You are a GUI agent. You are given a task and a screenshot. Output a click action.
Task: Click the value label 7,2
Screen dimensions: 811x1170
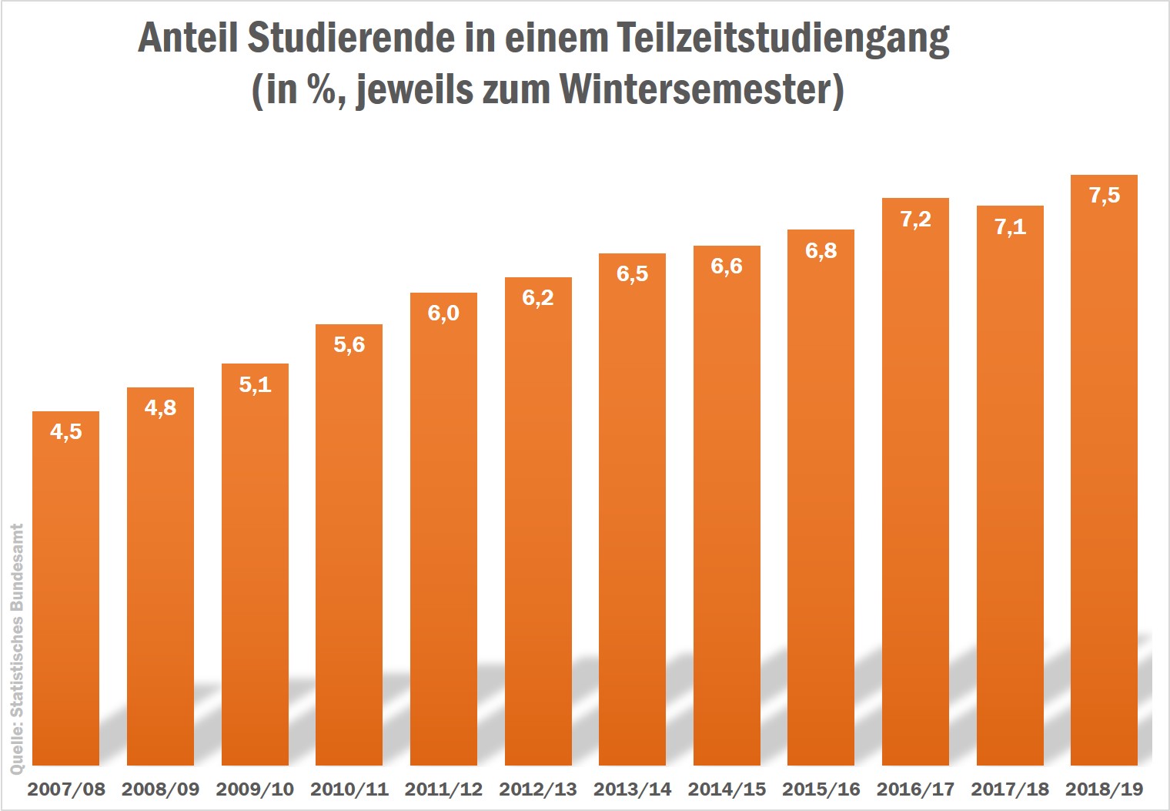tap(915, 220)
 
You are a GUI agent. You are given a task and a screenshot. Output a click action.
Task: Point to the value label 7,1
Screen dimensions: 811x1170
tap(1010, 227)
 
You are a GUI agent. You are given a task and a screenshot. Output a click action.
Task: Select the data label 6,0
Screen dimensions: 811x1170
tap(443, 313)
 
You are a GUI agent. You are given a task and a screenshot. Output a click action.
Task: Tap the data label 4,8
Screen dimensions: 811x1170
tap(160, 408)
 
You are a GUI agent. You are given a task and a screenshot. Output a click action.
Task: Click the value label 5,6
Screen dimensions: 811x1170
tap(349, 345)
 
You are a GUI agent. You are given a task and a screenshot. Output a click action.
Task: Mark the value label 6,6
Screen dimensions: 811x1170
tap(727, 266)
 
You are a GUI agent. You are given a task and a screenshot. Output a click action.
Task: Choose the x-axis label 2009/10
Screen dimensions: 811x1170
tap(255, 789)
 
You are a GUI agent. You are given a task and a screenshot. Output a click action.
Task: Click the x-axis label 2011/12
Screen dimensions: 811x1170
tap(443, 789)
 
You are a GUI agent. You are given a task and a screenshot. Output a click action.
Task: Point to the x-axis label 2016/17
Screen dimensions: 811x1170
tap(915, 789)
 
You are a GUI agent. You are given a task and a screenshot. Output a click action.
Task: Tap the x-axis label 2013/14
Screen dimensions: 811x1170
tap(632, 789)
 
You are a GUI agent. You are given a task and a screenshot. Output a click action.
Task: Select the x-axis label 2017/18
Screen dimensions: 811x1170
tap(1010, 789)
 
